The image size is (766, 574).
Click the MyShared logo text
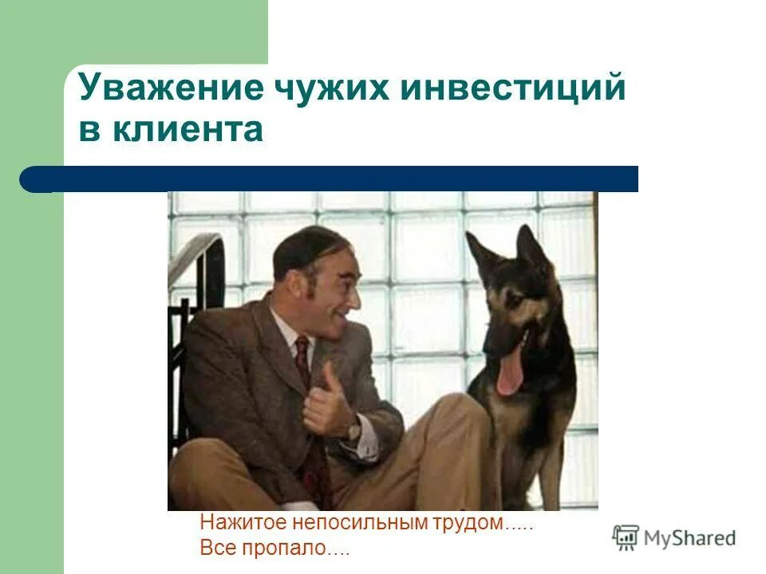point(689,538)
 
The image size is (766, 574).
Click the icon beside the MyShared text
point(626,538)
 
